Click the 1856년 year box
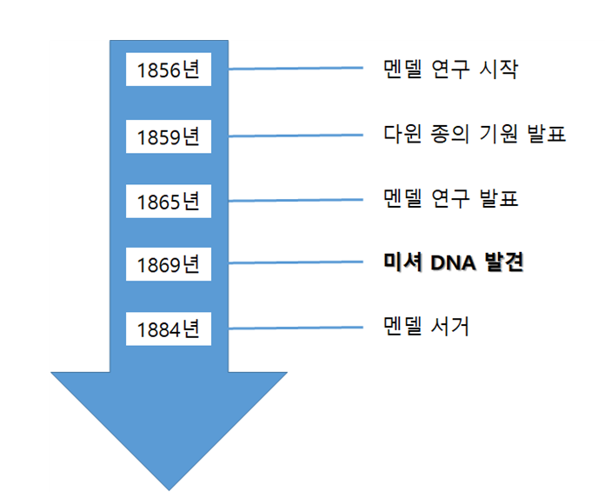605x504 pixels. click(x=169, y=70)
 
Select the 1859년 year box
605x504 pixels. click(x=169, y=136)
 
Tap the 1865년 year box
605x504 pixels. click(x=169, y=201)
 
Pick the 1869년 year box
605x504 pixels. click(x=169, y=264)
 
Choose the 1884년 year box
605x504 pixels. click(x=169, y=329)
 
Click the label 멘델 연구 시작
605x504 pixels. click(x=450, y=70)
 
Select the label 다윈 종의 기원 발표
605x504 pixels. click(x=475, y=135)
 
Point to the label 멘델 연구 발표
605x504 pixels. click(x=450, y=199)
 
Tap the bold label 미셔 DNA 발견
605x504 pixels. click(x=454, y=262)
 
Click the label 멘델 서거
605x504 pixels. click(x=426, y=328)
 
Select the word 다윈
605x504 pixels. click(x=402, y=135)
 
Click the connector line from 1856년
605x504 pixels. click(x=296, y=69)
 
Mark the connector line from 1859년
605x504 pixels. click(x=296, y=136)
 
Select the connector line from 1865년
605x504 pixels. click(x=296, y=200)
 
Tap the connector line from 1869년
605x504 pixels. click(x=296, y=263)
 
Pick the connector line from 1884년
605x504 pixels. click(x=296, y=328)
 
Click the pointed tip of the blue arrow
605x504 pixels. click(x=168, y=487)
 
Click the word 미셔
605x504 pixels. click(x=403, y=262)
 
